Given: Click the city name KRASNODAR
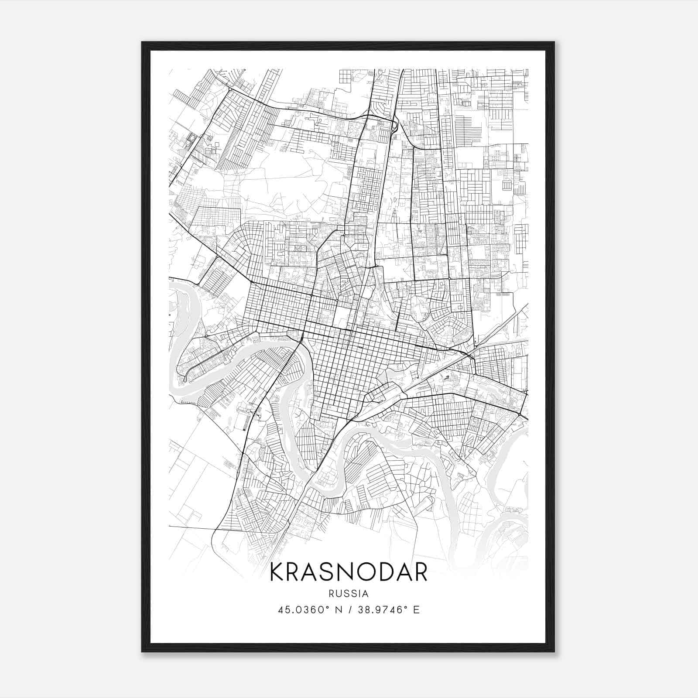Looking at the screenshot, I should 349,572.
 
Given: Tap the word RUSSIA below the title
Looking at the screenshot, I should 349,593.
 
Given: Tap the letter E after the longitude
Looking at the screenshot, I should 417,609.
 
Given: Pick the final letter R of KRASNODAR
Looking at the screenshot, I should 420,572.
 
